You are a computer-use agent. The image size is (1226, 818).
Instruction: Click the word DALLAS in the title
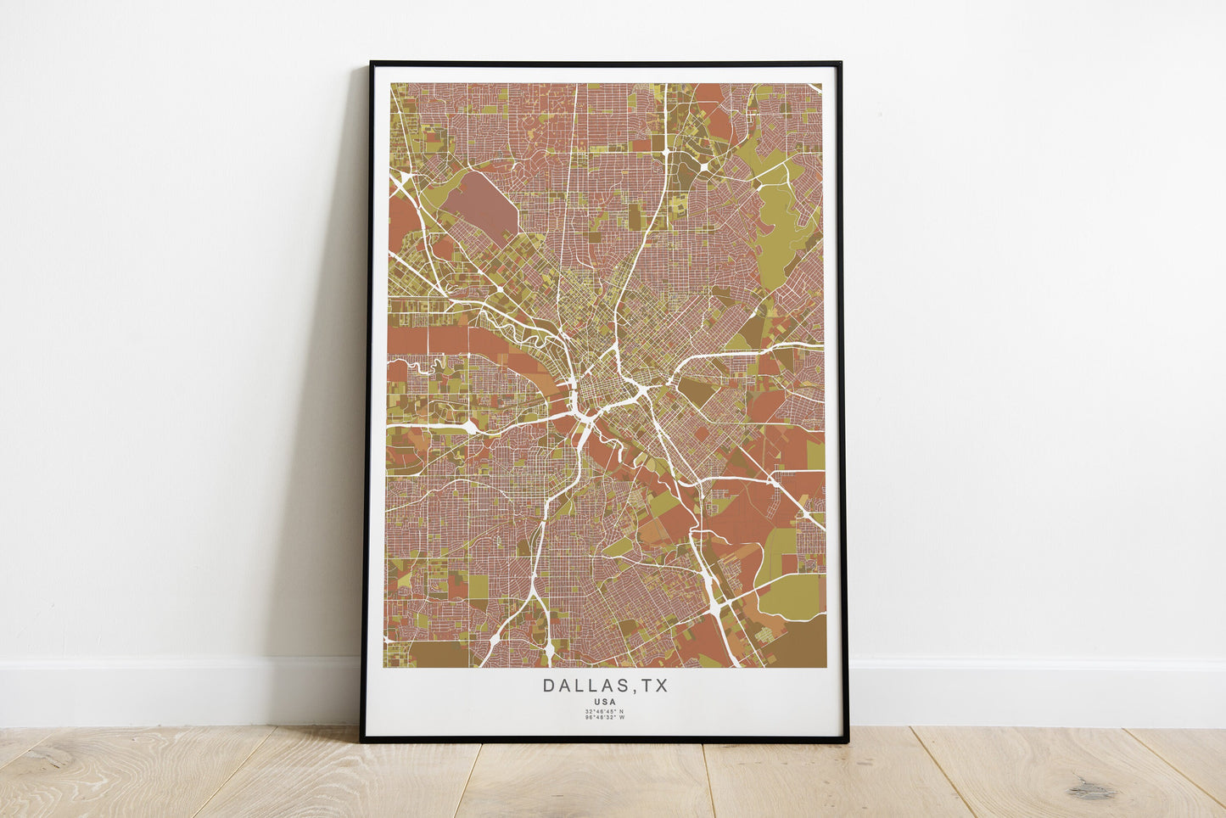[x=583, y=686]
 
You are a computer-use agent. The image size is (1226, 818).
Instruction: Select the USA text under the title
[x=606, y=702]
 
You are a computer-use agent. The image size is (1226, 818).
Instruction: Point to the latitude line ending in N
[x=605, y=711]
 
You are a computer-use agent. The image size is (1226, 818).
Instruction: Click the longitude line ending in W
[x=605, y=718]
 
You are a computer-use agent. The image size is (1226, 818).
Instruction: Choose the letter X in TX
[x=662, y=686]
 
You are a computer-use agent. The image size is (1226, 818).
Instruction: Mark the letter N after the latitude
[x=621, y=711]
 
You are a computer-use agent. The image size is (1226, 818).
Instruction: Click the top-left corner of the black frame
[x=371, y=63]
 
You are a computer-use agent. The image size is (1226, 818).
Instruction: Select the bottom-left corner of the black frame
[x=362, y=741]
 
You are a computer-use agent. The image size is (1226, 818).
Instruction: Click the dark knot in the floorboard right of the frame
[x=1091, y=790]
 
